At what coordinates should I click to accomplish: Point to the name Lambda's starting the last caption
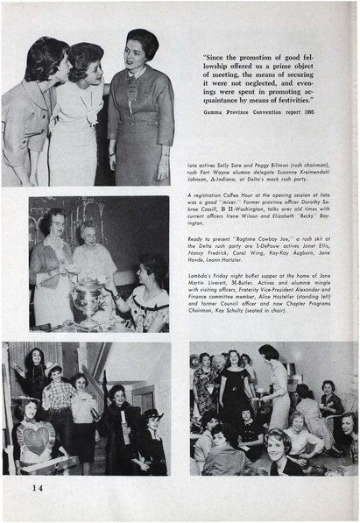pyautogui.click(x=201, y=274)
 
